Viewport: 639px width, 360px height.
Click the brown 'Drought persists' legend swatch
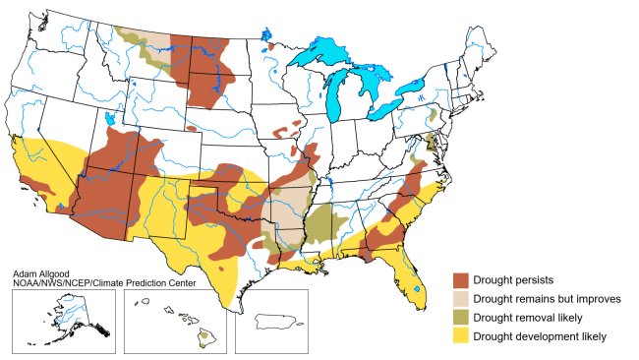pyautogui.click(x=460, y=280)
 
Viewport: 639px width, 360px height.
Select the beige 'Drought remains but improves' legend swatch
pyautogui.click(x=460, y=299)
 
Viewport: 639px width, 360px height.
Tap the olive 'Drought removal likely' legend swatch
pyautogui.click(x=460, y=318)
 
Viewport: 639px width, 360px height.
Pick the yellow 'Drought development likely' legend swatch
pyautogui.click(x=460, y=336)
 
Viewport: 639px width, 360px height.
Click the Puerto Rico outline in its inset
pyautogui.click(x=277, y=321)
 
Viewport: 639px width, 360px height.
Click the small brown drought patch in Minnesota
pyautogui.click(x=269, y=46)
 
